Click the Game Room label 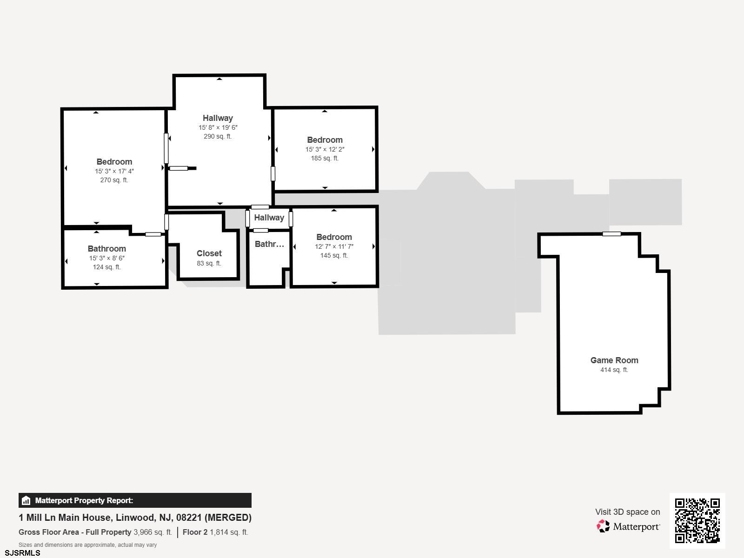point(614,360)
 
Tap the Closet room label point(209,253)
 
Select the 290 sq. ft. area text point(218,137)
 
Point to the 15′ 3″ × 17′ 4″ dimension point(114,171)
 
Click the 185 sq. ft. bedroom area point(325,159)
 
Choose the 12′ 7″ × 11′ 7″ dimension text point(334,247)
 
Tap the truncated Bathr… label point(269,244)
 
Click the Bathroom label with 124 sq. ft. point(107,249)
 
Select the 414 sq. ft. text point(614,370)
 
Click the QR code point(697,520)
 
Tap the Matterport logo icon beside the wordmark point(603,526)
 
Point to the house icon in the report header point(26,501)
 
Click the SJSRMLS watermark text point(22,553)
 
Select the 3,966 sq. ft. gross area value point(153,532)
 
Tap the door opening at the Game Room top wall point(611,234)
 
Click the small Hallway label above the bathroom point(269,218)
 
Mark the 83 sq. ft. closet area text point(209,264)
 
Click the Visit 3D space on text point(627,512)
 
